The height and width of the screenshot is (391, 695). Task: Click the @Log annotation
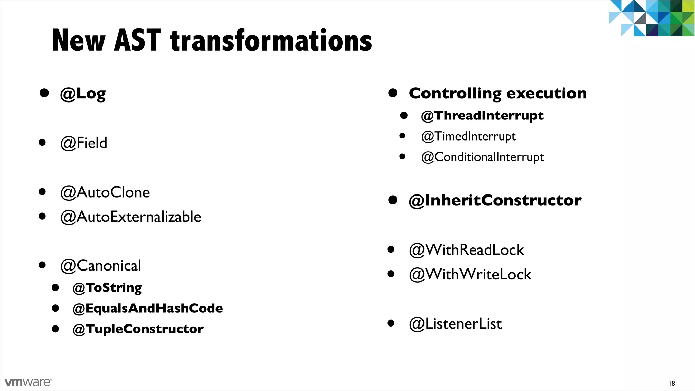coord(83,94)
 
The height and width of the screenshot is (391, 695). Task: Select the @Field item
coord(83,143)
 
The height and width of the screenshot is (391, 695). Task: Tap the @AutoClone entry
coord(105,192)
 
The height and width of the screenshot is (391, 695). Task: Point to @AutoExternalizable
coord(131,217)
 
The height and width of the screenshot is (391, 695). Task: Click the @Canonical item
coord(100,266)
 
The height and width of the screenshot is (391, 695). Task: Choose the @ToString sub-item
coord(107,288)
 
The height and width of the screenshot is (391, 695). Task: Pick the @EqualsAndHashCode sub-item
coord(148,308)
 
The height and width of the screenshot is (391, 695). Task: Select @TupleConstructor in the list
coord(138,329)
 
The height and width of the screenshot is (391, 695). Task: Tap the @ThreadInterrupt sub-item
coord(482,116)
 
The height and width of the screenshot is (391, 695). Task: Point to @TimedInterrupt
coord(468,136)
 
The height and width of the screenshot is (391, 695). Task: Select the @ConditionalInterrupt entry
coord(482,157)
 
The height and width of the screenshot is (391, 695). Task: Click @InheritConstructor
coord(495,200)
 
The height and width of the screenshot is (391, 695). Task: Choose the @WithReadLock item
coord(466,250)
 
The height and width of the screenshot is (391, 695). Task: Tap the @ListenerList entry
coord(455,324)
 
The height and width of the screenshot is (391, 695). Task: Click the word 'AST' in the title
coord(137,40)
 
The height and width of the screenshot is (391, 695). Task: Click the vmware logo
coord(28,382)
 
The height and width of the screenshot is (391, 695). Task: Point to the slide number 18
coord(672,384)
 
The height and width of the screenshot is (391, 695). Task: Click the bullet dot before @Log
coord(44,93)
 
